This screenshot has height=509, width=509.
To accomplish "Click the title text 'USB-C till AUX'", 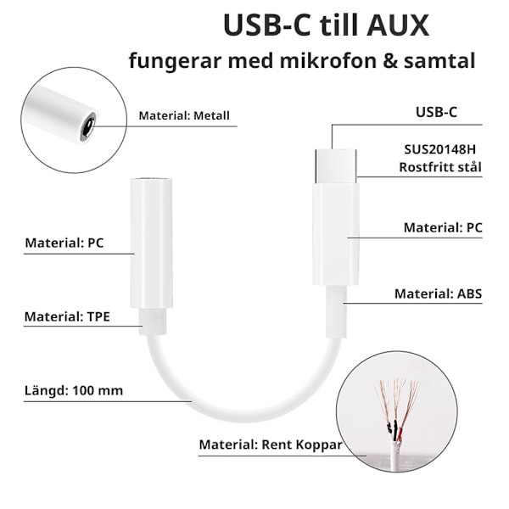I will [326, 25].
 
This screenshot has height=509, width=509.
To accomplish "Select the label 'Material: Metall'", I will [184, 116].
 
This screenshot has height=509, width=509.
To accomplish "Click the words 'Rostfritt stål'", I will [440, 167].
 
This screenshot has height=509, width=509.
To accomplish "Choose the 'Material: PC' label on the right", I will [442, 227].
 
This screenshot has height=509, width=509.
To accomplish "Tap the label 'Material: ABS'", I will [438, 294].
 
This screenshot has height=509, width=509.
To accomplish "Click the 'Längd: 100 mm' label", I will [74, 390].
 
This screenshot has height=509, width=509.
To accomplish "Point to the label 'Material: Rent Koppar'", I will [270, 444].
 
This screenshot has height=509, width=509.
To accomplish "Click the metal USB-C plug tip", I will [336, 166].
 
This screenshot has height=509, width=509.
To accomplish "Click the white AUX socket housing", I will [151, 242].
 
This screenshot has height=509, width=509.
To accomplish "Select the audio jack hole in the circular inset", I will [87, 129].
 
